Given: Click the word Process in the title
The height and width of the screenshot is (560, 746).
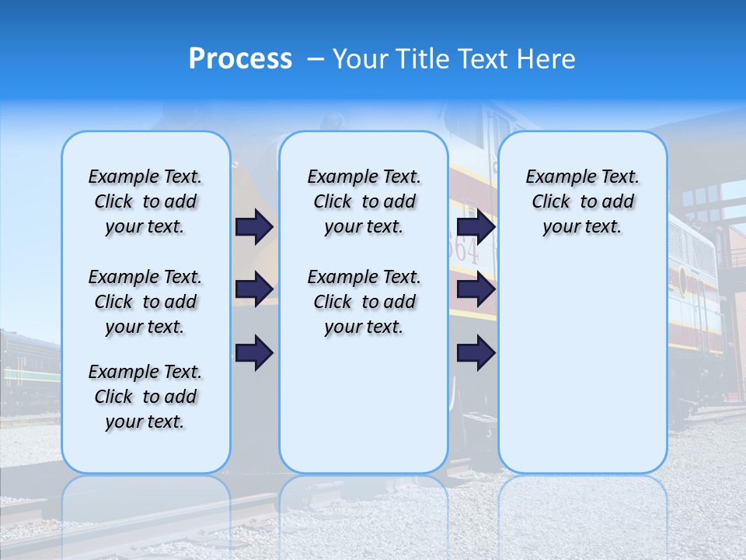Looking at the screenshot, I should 240,58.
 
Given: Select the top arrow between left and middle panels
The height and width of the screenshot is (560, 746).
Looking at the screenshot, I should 254,226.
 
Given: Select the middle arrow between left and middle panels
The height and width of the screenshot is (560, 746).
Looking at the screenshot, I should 254,289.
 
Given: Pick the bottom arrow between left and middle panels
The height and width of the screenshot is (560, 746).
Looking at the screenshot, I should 254,352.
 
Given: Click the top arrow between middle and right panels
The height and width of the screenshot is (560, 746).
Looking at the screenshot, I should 476,226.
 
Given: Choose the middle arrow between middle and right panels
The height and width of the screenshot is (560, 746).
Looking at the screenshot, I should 476,289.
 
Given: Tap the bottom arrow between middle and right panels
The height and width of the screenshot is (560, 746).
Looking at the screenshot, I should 476,352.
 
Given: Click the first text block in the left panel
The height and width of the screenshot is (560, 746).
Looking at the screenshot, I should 145,201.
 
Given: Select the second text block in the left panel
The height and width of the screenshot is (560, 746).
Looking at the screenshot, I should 145,302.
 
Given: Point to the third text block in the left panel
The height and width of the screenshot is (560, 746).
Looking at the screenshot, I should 145,397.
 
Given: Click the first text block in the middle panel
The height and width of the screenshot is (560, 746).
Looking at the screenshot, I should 364,201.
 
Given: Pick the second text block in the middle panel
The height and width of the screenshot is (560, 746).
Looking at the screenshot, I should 364,302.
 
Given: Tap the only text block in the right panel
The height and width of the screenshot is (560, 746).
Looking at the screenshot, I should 582,201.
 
